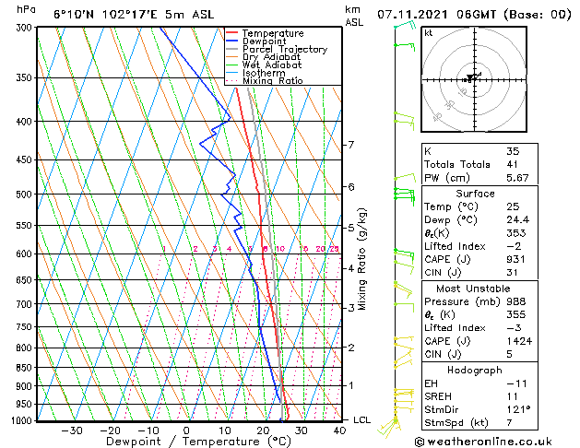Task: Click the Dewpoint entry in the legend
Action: pos(266,41)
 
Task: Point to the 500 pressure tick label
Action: pos(25,195)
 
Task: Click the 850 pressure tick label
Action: pos(25,368)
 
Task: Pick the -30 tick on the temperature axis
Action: pos(71,430)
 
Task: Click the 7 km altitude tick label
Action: pos(350,146)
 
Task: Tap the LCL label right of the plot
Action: pos(363,420)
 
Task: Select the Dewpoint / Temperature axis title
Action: pos(185,442)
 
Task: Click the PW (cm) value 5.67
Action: pos(517,179)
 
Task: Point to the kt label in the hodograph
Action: pos(429,33)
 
